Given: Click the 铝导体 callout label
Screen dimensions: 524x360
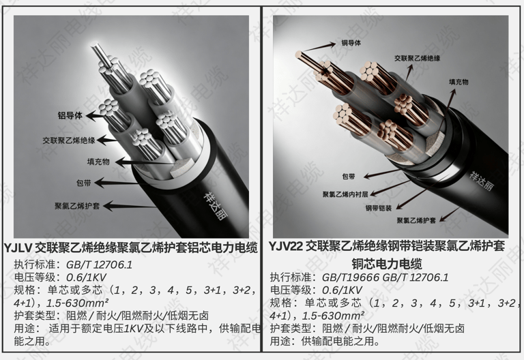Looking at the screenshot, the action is (70, 115).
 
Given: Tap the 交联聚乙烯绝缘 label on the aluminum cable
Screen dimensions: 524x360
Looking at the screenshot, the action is (69, 140).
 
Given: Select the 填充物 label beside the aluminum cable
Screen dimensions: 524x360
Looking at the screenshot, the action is (98, 162).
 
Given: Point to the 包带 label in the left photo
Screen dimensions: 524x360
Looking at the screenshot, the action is (83, 183).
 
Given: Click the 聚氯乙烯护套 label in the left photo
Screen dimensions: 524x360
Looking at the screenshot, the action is (77, 206).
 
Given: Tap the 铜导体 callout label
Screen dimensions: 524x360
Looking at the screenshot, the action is (351, 43).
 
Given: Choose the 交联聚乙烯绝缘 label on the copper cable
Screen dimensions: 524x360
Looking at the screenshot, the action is (417, 58).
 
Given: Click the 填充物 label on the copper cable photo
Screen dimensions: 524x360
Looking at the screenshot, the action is (458, 82).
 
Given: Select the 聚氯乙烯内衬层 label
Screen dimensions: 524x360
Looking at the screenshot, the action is (345, 194).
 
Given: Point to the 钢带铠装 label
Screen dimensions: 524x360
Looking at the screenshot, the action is (378, 208).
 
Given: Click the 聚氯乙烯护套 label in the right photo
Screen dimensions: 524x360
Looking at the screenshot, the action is (416, 220).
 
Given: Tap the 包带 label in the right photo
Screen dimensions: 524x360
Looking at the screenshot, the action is (349, 177).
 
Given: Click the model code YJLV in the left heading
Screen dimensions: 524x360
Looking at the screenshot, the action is (18, 248).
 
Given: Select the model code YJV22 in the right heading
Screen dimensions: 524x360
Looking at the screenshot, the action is (286, 246).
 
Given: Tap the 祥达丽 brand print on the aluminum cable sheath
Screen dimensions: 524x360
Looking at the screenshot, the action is (215, 206).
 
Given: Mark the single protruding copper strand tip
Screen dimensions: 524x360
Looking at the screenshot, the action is (297, 53).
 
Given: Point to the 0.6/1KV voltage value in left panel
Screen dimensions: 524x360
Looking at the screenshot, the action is (86, 277).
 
